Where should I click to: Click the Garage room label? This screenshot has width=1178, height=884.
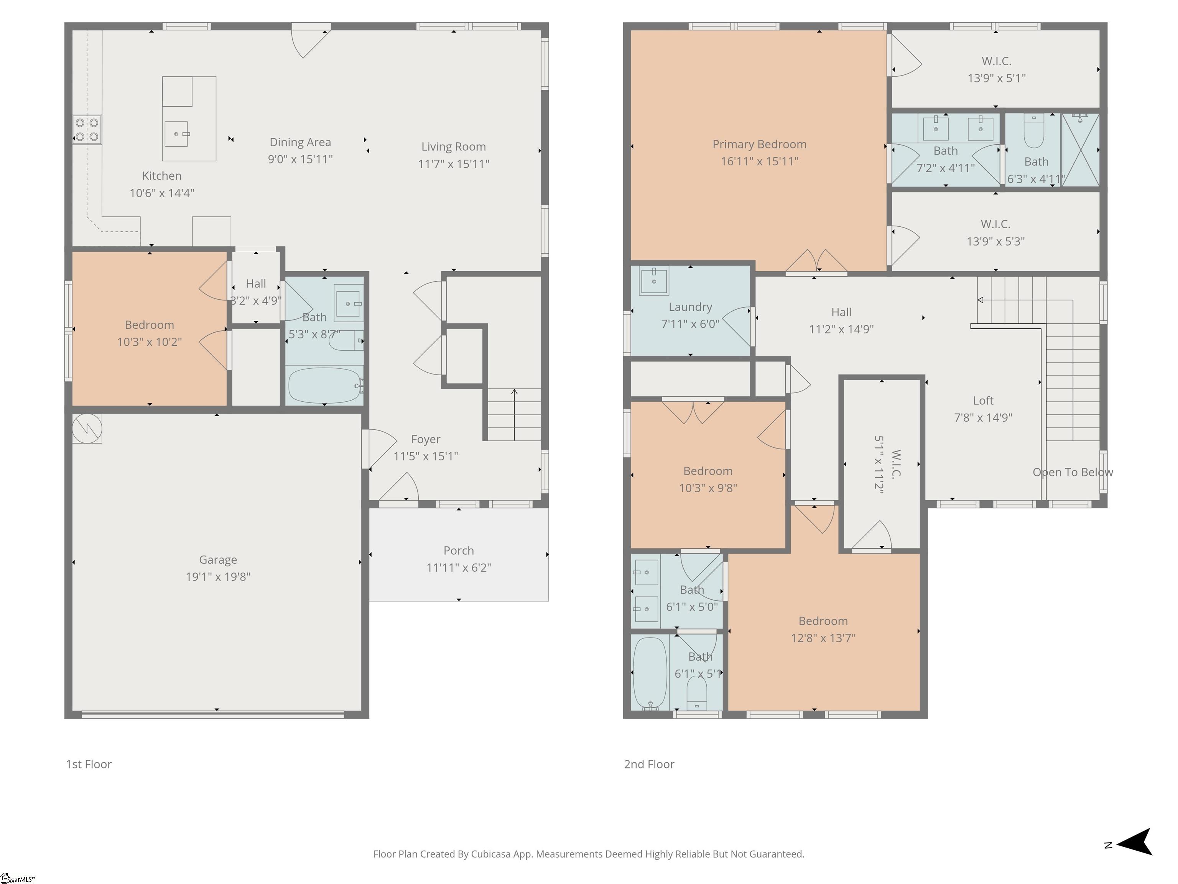tap(218, 559)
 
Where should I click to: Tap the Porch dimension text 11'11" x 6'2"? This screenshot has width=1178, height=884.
tap(459, 567)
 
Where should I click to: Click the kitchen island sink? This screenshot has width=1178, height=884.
tap(176, 134)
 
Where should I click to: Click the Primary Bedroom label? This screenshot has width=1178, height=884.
tap(759, 144)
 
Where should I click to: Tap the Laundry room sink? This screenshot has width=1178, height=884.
tap(654, 280)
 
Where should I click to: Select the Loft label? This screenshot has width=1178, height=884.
tap(983, 401)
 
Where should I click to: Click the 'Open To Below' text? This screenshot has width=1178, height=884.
tap(1073, 472)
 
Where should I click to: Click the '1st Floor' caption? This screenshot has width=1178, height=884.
tap(89, 764)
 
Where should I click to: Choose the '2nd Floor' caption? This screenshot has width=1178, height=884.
tap(649, 764)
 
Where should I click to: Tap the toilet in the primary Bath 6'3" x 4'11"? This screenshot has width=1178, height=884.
tap(1034, 132)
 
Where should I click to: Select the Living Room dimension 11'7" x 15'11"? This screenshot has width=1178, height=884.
tap(453, 163)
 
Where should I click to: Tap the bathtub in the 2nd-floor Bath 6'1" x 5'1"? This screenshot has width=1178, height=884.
tap(650, 673)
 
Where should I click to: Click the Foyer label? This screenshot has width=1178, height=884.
tap(426, 439)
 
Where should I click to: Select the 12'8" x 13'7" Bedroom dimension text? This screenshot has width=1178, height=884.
tap(823, 638)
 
